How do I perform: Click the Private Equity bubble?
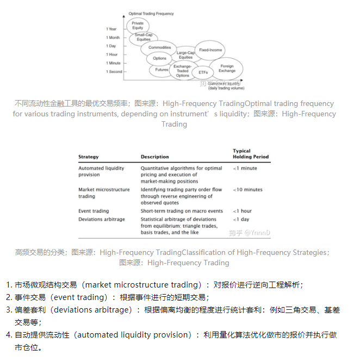(138, 26)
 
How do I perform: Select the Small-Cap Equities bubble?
(144, 37)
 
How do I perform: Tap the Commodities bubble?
(159, 47)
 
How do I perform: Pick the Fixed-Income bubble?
(210, 50)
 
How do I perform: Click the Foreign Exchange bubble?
(227, 68)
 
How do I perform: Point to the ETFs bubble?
(203, 72)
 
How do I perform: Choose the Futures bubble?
(162, 70)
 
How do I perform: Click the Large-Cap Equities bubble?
(185, 55)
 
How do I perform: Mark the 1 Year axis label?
(111, 29)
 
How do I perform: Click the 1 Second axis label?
(114, 72)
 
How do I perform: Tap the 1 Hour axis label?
(112, 54)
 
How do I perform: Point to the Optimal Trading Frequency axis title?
(151, 13)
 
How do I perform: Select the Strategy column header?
(89, 157)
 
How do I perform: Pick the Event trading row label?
(94, 211)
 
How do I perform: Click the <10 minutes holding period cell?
(247, 190)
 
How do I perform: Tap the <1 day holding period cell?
(241, 219)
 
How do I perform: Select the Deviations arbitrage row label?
(102, 219)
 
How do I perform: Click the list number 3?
(8, 310)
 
